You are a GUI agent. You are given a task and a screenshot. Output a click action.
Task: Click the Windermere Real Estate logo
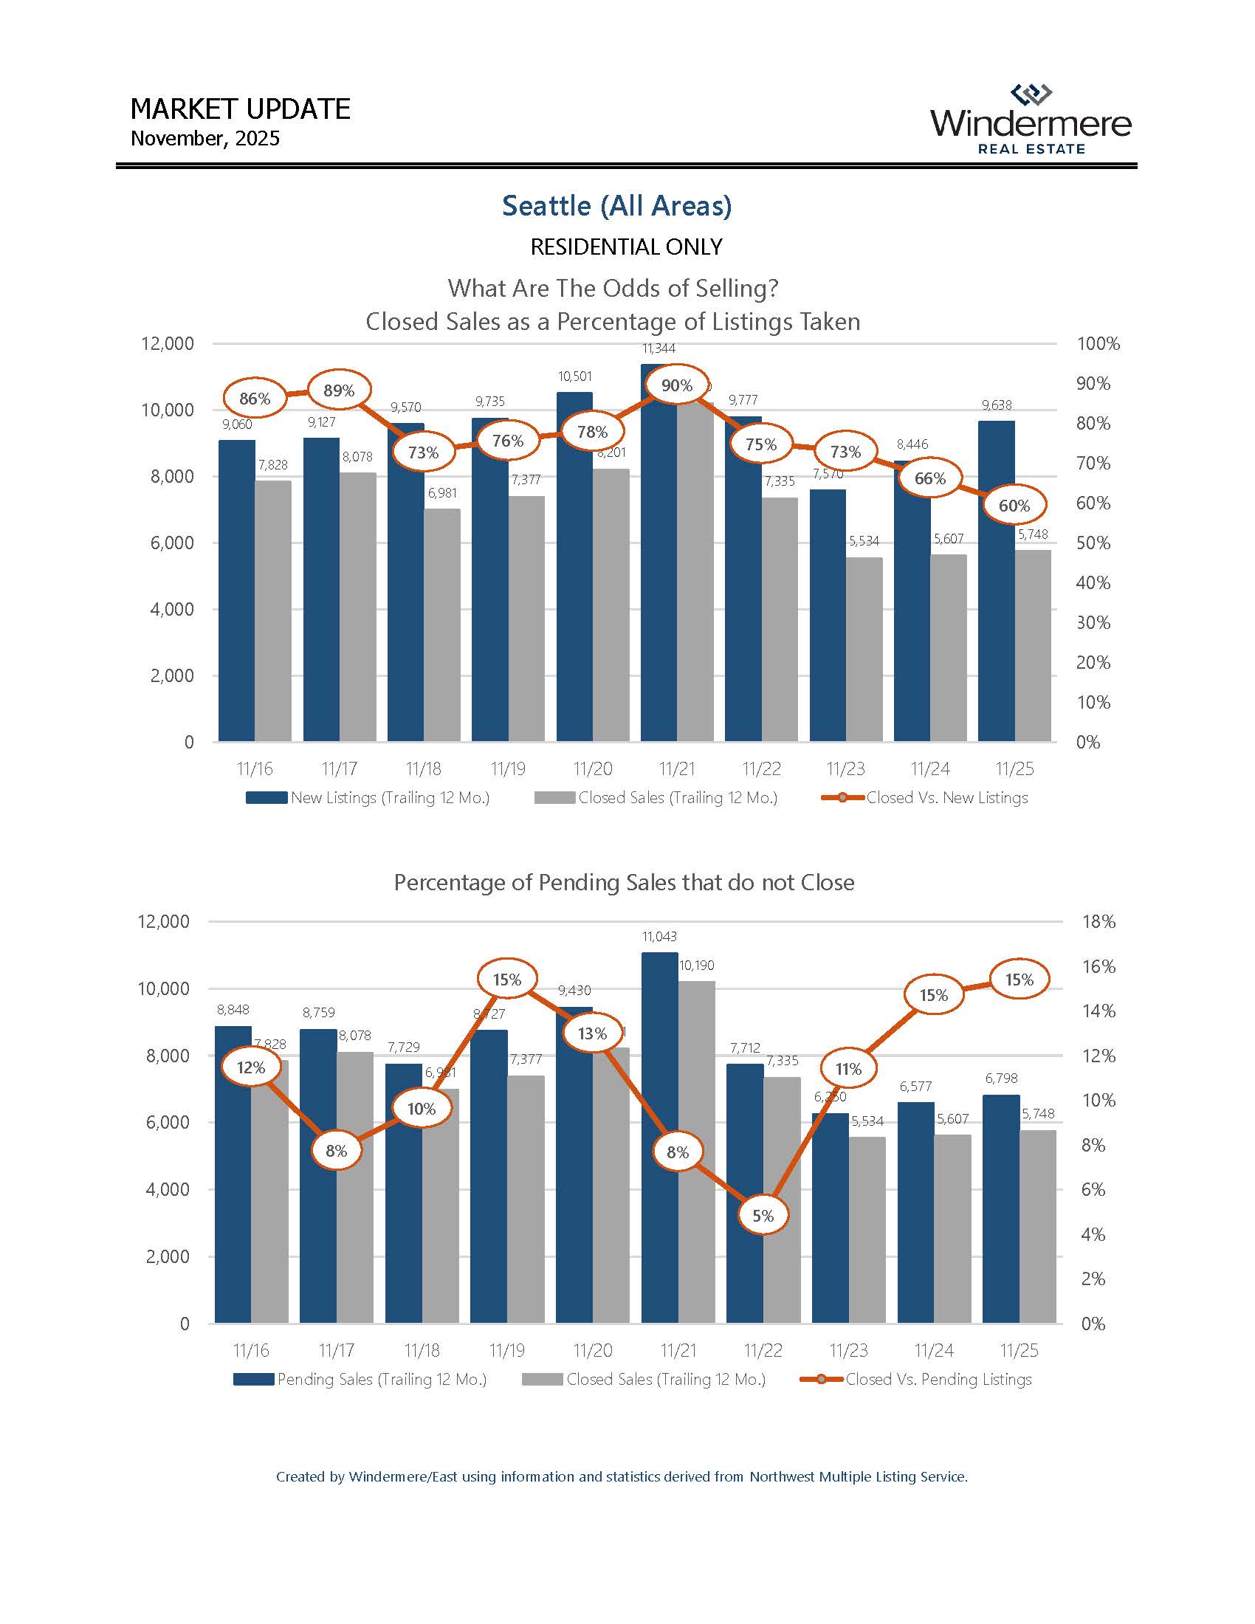[x=1031, y=120]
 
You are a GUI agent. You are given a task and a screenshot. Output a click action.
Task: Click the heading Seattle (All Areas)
[x=616, y=206]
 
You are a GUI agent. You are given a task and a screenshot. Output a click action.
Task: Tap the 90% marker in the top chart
[x=676, y=385]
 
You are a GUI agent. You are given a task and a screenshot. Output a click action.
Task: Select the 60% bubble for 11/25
[x=1014, y=506]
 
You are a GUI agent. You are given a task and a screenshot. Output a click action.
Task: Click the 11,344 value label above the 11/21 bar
[x=658, y=348]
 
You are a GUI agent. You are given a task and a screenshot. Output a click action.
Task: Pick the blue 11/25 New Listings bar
[x=997, y=580]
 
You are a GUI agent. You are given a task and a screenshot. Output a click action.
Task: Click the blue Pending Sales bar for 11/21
[x=659, y=1138]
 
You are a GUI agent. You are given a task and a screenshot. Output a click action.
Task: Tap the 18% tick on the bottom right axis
[x=1099, y=921]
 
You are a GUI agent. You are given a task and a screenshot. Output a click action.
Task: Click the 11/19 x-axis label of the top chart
[x=508, y=769]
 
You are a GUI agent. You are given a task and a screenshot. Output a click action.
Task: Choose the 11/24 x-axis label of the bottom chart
[x=934, y=1350]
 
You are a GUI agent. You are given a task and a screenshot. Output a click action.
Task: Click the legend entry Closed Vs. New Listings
[x=946, y=798]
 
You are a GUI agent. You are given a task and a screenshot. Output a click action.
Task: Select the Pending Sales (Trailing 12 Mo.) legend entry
[x=382, y=1380]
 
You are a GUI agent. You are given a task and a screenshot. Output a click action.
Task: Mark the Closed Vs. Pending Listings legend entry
[x=938, y=1380]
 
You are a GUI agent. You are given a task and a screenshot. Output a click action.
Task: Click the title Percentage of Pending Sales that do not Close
[x=624, y=883]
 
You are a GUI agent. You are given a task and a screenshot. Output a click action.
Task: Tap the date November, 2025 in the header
[x=205, y=139]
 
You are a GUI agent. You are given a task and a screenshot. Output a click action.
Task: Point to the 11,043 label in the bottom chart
[x=659, y=937]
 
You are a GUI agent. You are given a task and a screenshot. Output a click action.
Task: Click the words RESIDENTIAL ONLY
[x=626, y=247]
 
